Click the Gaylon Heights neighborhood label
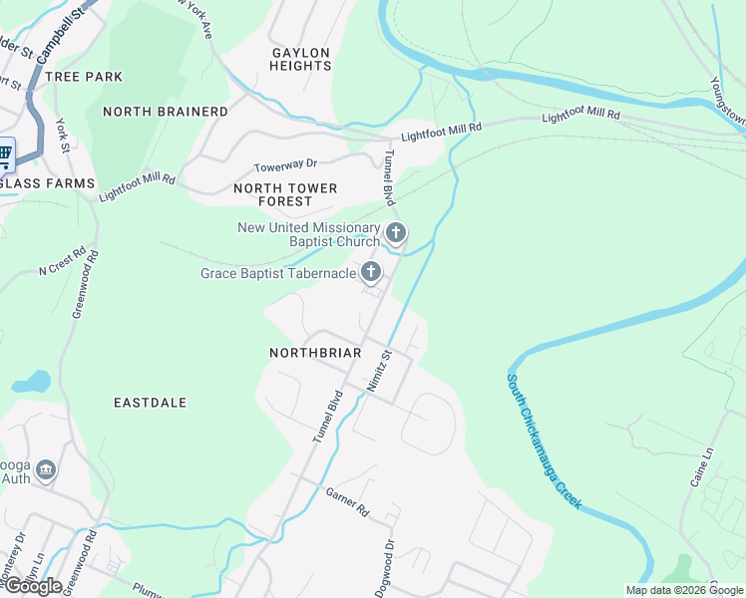[300, 59]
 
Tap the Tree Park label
[84, 77]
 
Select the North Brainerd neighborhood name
[166, 112]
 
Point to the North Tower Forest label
[285, 194]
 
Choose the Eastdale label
[151, 403]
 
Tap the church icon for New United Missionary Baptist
[396, 234]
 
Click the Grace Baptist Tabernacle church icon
[371, 272]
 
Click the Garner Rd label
[347, 502]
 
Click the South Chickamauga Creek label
[544, 439]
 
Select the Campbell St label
[59, 34]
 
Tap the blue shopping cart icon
[4, 153]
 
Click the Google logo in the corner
[32, 585]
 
